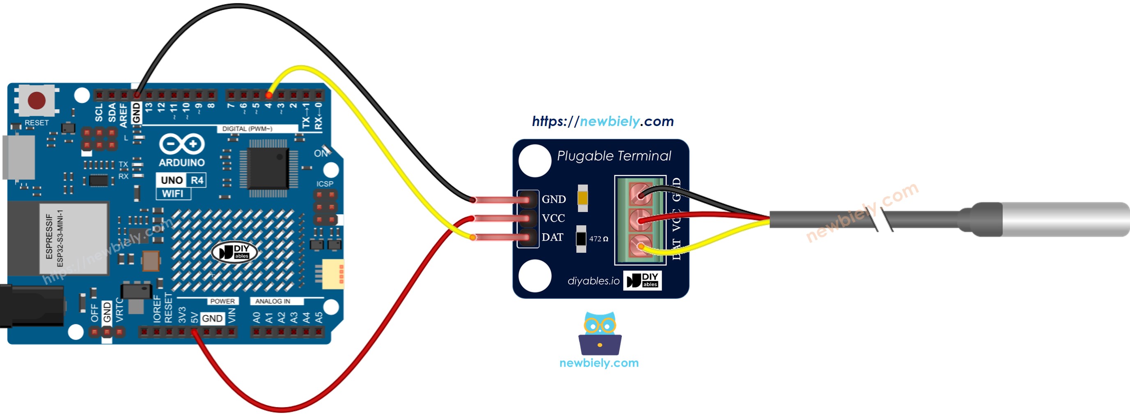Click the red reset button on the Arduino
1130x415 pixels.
click(x=37, y=100)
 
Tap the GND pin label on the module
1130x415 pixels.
click(x=554, y=199)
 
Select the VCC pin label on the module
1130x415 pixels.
click(x=553, y=218)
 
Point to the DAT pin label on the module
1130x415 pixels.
click(x=552, y=237)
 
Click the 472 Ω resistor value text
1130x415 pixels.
click(x=598, y=239)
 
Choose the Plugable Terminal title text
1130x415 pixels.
click(x=614, y=156)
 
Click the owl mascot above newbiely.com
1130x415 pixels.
click(x=600, y=333)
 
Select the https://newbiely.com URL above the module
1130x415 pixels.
click(x=603, y=121)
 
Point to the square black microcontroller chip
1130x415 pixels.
click(x=268, y=168)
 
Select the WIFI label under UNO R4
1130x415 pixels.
click(x=173, y=193)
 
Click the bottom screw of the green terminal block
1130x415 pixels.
click(x=640, y=245)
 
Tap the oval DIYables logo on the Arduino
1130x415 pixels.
click(x=234, y=252)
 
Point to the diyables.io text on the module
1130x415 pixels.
click(x=593, y=281)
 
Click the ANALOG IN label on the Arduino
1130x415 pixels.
click(x=273, y=301)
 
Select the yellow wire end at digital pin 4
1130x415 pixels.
click(x=268, y=95)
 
